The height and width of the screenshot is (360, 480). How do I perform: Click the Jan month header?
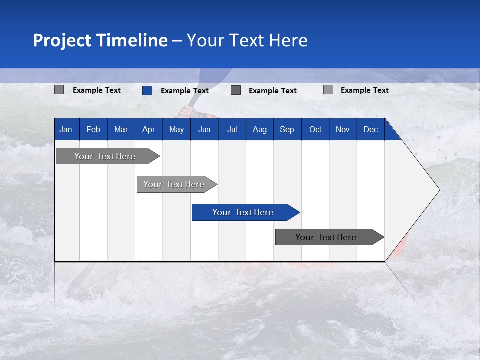tap(66, 130)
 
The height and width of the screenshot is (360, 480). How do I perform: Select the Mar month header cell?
tap(121, 130)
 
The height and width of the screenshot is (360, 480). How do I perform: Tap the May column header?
tap(176, 130)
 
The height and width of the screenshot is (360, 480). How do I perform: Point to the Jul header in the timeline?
tap(232, 130)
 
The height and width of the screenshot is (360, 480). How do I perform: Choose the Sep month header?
tap(287, 130)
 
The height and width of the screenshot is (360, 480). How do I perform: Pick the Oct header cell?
tap(315, 130)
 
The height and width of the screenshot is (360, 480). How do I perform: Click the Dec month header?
tap(370, 130)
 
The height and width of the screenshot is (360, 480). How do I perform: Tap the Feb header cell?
tap(93, 130)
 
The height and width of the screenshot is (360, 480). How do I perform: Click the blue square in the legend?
tap(147, 90)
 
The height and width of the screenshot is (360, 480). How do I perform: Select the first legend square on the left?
tap(59, 90)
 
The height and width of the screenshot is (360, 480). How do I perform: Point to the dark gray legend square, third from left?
tap(236, 90)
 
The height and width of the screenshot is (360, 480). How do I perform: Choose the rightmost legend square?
tap(328, 90)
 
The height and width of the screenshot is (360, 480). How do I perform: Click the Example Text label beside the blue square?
tap(185, 91)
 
